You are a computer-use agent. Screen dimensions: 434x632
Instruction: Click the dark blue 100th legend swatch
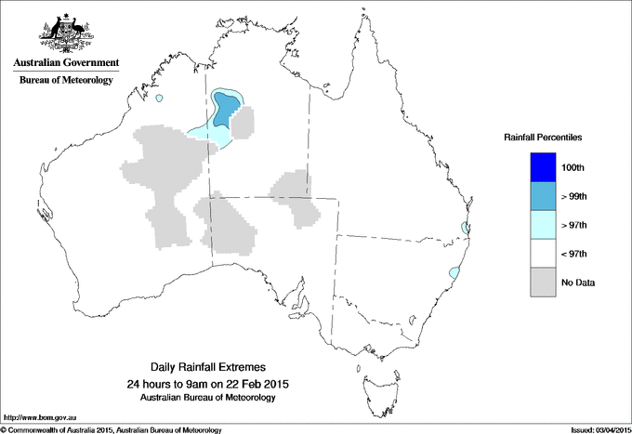pyautogui.click(x=544, y=167)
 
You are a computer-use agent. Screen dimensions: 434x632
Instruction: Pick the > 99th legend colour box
pyautogui.click(x=544, y=196)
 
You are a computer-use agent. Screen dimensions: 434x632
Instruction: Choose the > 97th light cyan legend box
pyautogui.click(x=544, y=225)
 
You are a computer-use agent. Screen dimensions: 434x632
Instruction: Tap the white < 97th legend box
pyautogui.click(x=544, y=254)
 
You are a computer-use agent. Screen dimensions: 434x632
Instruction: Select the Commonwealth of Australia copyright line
pyautogui.click(x=112, y=428)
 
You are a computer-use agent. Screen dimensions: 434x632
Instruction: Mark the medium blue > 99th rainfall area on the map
pyautogui.click(x=225, y=110)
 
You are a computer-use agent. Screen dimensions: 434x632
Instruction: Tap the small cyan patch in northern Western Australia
pyautogui.click(x=160, y=99)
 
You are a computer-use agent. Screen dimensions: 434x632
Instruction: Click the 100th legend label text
pyautogui.click(x=573, y=167)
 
